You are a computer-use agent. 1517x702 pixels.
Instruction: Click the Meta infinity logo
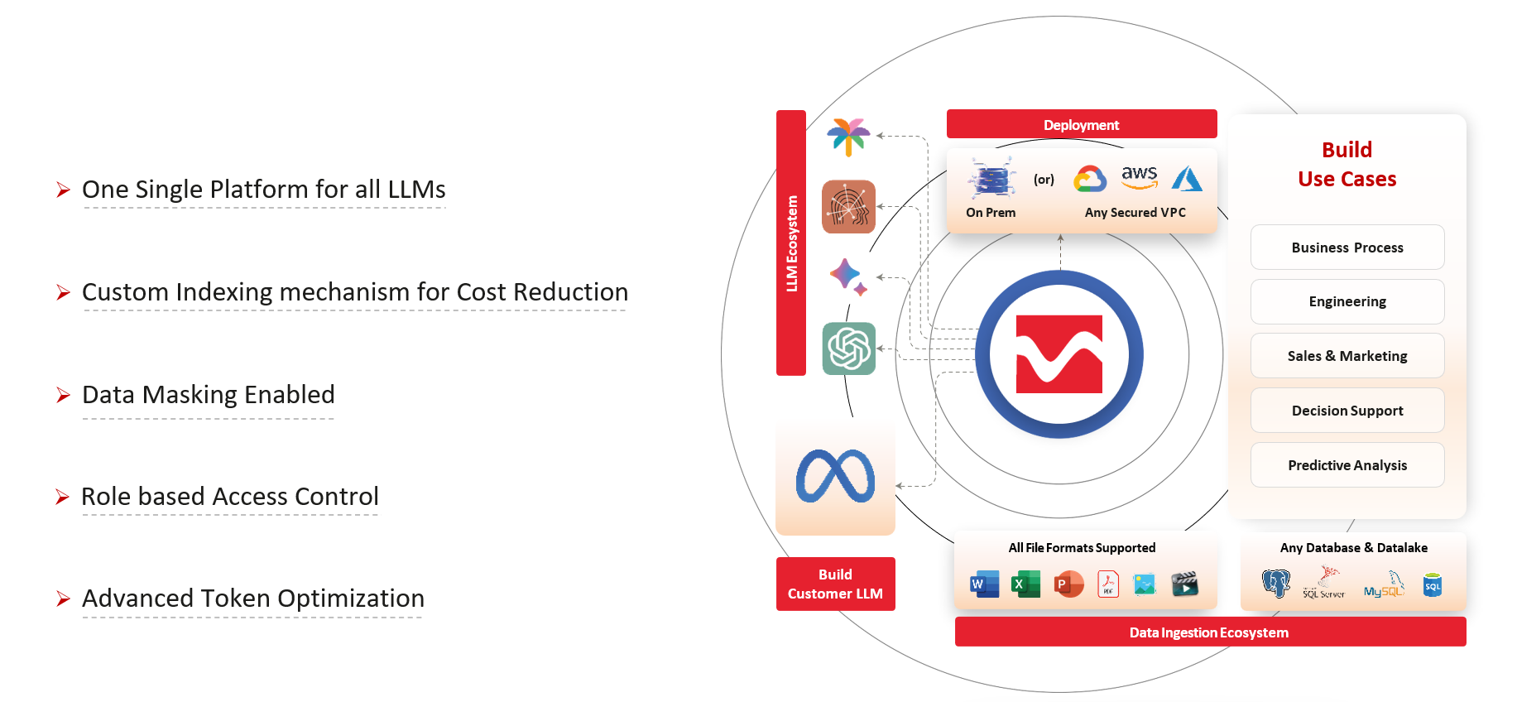tap(835, 476)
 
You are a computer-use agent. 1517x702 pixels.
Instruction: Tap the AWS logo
tap(1139, 177)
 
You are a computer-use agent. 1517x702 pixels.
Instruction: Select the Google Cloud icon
tap(1090, 179)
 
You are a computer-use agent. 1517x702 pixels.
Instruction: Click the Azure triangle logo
tap(1187, 179)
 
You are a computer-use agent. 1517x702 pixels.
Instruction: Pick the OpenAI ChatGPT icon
tap(849, 349)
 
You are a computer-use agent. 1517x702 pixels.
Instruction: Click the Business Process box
tap(1347, 248)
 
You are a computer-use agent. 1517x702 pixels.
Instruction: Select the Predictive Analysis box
tap(1347, 465)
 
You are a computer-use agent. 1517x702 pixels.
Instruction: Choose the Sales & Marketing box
tap(1347, 356)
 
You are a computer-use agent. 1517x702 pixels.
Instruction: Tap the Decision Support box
tap(1347, 411)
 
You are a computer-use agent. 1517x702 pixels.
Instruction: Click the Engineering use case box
tap(1347, 301)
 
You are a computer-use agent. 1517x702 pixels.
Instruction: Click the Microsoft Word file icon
tap(984, 584)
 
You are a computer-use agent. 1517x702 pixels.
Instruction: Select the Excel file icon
tap(1026, 584)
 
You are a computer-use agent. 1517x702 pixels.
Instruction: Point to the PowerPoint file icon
tap(1068, 584)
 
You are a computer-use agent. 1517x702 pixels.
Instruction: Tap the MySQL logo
tap(1385, 584)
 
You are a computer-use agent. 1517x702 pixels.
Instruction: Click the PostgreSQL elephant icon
tap(1276, 584)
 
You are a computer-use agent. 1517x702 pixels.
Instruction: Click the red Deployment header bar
tap(1082, 124)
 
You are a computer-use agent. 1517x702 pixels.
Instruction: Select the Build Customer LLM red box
tap(836, 584)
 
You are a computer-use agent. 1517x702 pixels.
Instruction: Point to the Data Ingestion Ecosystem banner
tap(1210, 632)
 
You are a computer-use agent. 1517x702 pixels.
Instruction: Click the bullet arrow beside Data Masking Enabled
tap(63, 395)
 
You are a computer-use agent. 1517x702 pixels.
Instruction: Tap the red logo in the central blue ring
tap(1059, 354)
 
